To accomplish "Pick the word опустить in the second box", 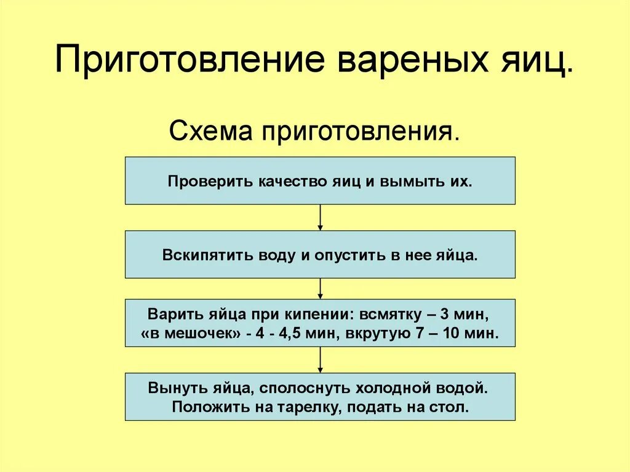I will (x=349, y=255).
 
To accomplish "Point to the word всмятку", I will (x=391, y=314).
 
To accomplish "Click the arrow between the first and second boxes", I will (x=320, y=218).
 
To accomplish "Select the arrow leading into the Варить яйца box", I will (x=320, y=289).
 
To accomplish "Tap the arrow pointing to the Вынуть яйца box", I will (x=320, y=360).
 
